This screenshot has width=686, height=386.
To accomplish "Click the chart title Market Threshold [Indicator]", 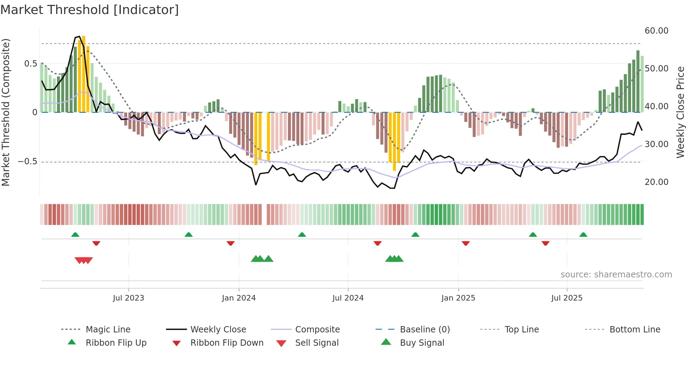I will (90, 10).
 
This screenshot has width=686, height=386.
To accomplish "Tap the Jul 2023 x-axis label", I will (128, 298).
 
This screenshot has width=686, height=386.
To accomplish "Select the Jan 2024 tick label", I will (239, 298).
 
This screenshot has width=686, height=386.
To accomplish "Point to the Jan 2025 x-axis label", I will (458, 298).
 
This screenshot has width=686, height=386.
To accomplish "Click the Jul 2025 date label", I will (567, 298).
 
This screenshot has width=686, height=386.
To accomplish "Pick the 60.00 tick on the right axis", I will (656, 31).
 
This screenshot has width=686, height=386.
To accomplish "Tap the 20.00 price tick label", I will (656, 182).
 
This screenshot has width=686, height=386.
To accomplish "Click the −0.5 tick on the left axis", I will (27, 161).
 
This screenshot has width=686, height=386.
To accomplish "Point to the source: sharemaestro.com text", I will (616, 275).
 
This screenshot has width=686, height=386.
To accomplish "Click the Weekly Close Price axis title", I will (680, 112).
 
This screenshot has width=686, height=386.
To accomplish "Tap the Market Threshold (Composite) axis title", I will (6, 112).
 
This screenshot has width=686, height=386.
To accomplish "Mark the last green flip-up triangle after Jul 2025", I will (583, 235).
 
